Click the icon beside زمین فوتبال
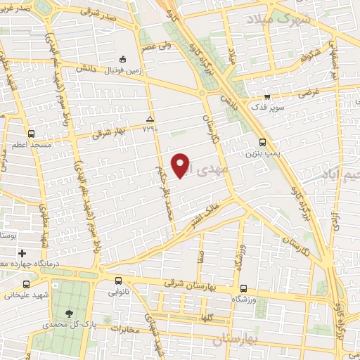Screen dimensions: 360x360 click(124, 59)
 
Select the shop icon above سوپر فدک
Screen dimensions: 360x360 click(267, 98)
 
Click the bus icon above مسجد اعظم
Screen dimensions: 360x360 click(31, 133)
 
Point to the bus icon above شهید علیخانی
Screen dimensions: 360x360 click(26, 285)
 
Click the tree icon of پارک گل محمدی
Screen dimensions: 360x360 click(68, 314)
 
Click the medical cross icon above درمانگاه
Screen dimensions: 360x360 click(22, 252)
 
